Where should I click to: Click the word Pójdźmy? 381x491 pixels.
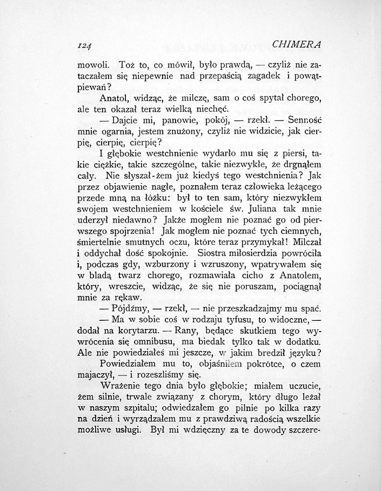click(x=129, y=310)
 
